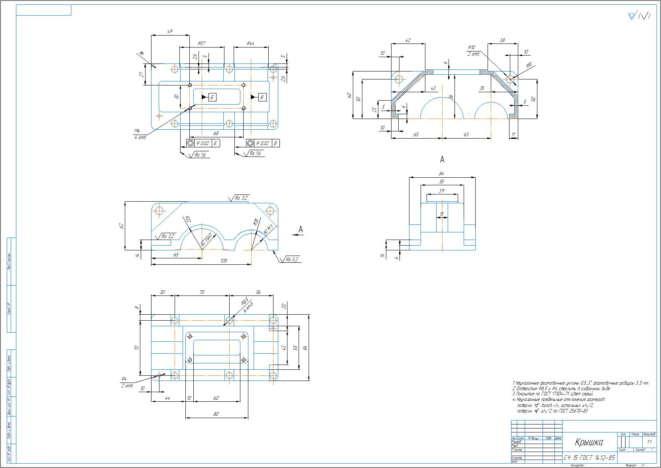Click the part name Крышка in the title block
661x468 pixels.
tap(589, 442)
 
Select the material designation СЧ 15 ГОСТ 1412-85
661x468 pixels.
tap(589, 457)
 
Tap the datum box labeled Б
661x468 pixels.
tap(212, 97)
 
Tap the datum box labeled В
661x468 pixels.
tap(262, 97)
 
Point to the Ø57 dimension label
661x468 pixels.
tap(201, 43)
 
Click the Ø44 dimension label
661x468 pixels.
tap(250, 43)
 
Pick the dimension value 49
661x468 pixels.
tap(170, 31)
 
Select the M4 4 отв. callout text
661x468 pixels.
tap(139, 134)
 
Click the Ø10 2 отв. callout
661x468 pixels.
tap(473, 50)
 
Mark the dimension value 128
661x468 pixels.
tap(224, 260)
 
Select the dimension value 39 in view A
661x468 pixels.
tap(441, 191)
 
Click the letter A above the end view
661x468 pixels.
tap(442, 160)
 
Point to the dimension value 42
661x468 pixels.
tap(407, 40)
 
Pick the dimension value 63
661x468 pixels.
tap(466, 135)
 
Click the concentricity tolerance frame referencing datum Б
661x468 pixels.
tap(203, 143)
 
